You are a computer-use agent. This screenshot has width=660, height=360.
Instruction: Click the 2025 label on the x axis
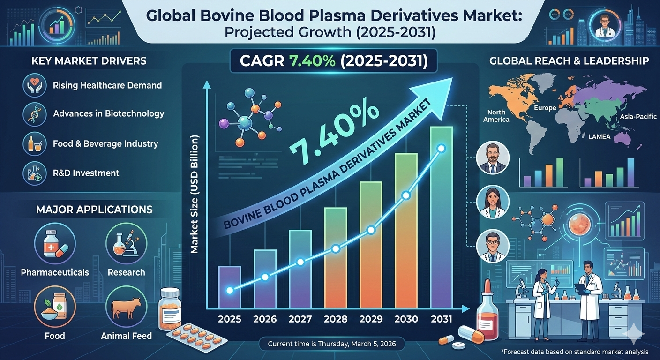point(230,319)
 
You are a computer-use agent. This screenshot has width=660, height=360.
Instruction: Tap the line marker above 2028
point(335,249)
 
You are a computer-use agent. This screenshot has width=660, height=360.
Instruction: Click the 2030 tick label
point(406,319)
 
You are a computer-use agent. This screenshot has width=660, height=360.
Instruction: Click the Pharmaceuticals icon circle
point(55,244)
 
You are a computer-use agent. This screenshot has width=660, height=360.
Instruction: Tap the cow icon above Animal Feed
point(126,307)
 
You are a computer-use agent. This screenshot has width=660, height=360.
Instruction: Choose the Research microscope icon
point(126,244)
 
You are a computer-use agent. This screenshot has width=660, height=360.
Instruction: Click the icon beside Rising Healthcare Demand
point(35,85)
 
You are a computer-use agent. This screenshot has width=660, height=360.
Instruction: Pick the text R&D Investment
point(86,173)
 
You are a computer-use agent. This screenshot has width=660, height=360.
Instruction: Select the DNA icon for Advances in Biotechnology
point(35,114)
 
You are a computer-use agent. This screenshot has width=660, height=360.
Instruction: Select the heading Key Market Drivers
point(89,61)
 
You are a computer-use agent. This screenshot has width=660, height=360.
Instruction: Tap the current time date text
point(332,344)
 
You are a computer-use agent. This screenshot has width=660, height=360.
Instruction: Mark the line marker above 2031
point(441,149)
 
